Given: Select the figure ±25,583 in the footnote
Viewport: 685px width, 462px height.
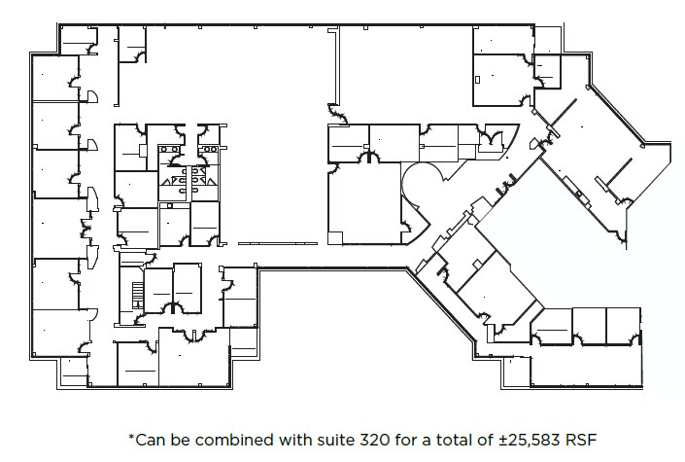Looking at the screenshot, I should pyautogui.click(x=508, y=440).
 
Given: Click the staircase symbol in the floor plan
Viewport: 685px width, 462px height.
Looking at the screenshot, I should pyautogui.click(x=137, y=289).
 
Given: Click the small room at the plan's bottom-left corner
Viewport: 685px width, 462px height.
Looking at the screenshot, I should pyautogui.click(x=75, y=373).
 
